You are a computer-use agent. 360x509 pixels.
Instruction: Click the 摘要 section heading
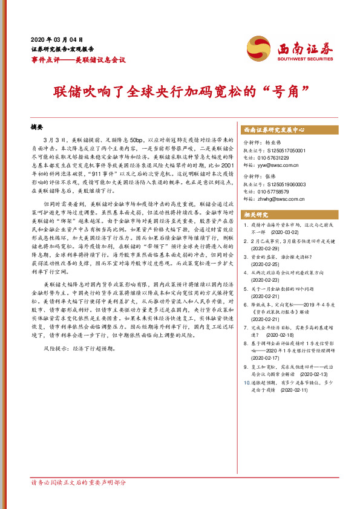[38, 128]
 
